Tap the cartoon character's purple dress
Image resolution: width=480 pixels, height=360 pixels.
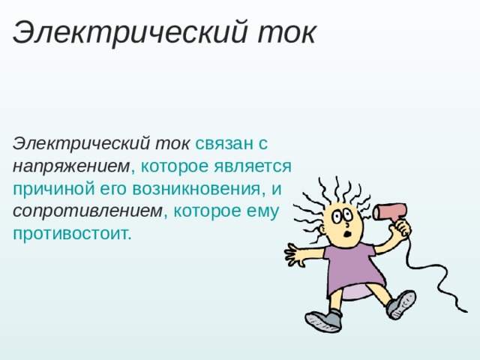pyautogui.click(x=352, y=266)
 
